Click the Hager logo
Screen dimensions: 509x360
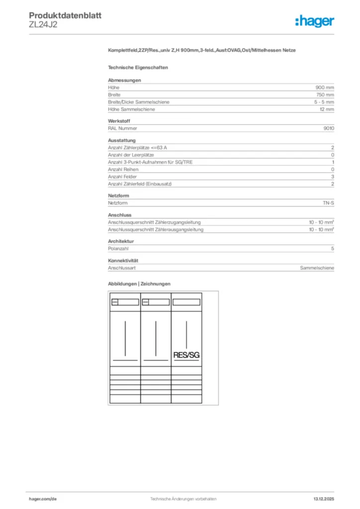pyautogui.click(x=314, y=21)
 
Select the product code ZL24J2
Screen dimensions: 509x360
pyautogui.click(x=43, y=25)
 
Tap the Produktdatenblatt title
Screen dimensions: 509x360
pyautogui.click(x=65, y=15)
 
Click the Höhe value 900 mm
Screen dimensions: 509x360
pyautogui.click(x=325, y=87)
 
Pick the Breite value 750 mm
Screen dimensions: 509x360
pyautogui.click(x=325, y=94)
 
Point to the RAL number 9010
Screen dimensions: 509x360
pyautogui.click(x=329, y=128)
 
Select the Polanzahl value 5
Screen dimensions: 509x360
pyautogui.click(x=333, y=249)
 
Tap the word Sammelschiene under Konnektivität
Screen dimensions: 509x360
pyautogui.click(x=317, y=268)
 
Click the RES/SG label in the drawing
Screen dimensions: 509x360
pyautogui.click(x=186, y=355)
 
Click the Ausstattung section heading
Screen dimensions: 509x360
pyautogui.click(x=122, y=141)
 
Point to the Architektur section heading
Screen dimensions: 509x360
pyautogui.click(x=121, y=241)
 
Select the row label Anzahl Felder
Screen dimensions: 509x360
pyautogui.click(x=123, y=176)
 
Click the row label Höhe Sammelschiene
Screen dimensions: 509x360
pyautogui.click(x=131, y=109)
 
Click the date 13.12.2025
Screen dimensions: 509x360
pyautogui.click(x=324, y=499)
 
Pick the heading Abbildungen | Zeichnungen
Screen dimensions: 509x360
pyautogui.click(x=139, y=284)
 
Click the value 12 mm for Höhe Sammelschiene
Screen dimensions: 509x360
pyautogui.click(x=327, y=109)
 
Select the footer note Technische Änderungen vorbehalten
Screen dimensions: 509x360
pyautogui.click(x=183, y=499)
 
